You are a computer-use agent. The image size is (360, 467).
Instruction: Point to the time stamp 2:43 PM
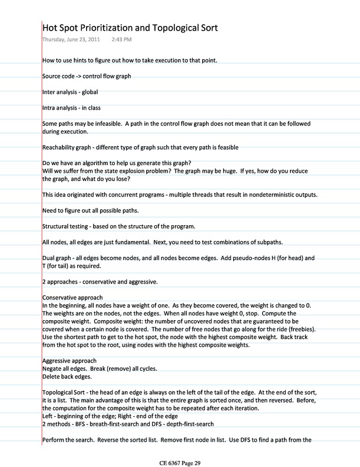click(121, 40)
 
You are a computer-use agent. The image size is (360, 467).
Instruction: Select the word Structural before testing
click(58, 226)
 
